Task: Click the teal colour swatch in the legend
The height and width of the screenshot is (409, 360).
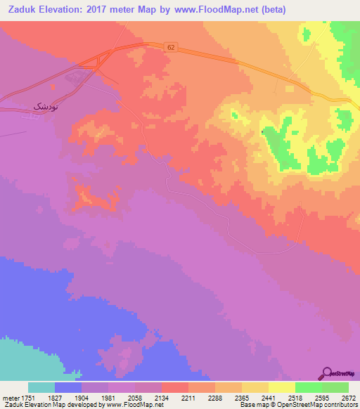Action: tap(41, 387)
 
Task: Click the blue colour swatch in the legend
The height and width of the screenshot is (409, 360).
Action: tap(68, 387)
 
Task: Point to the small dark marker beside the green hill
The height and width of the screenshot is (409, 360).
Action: tap(263, 131)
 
